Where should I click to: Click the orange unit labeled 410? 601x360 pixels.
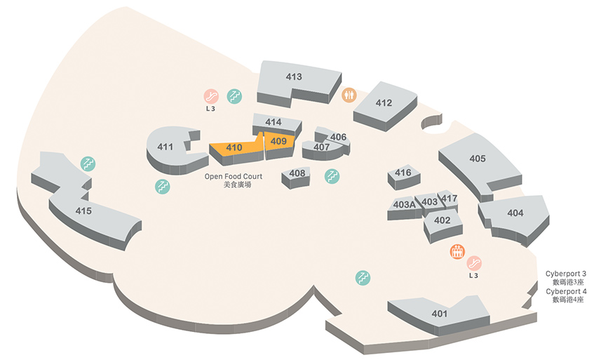point(234,149)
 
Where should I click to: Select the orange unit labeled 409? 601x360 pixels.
point(279,144)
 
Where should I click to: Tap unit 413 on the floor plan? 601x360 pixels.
point(297,82)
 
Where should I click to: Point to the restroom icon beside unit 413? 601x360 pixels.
point(349,95)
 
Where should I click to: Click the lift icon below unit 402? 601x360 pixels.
point(457,251)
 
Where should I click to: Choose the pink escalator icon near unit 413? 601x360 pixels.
point(211,96)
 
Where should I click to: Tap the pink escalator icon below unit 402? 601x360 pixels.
point(474,263)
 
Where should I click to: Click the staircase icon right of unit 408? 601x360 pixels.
point(332,176)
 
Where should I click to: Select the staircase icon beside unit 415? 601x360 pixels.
point(88,164)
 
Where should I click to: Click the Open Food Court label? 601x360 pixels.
point(234,176)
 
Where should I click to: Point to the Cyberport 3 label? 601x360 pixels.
point(566,274)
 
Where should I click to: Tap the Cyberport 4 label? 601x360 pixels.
point(566,291)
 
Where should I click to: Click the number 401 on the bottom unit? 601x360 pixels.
point(439,314)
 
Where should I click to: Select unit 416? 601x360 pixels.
point(404,177)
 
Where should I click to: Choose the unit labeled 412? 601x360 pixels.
point(384,106)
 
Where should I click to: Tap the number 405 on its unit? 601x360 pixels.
point(478,159)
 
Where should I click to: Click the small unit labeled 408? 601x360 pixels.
point(296,178)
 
